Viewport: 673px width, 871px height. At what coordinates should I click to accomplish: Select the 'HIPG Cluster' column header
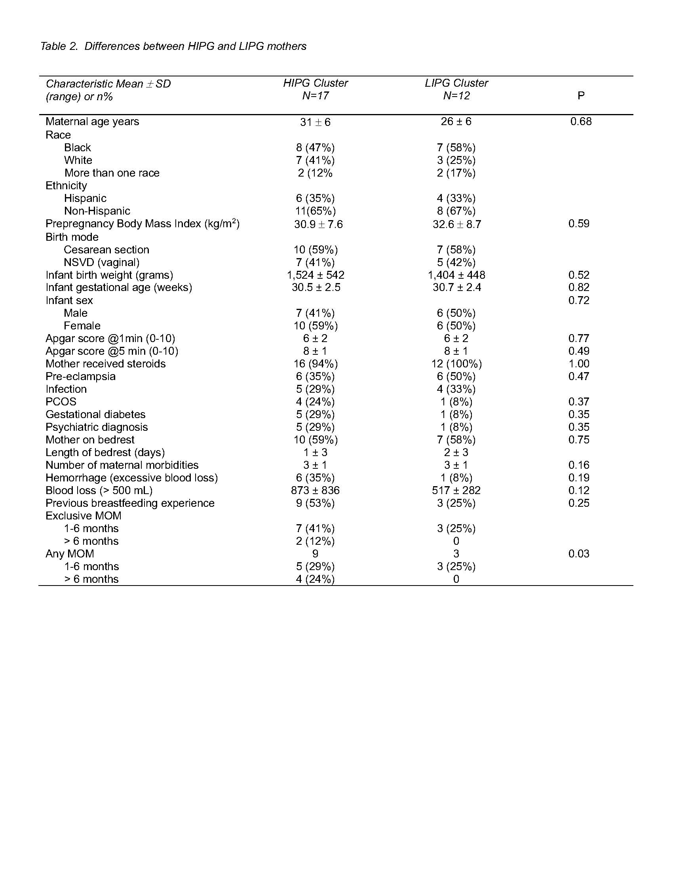tap(316, 83)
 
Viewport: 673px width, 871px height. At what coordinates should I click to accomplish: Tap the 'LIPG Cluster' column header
tap(456, 83)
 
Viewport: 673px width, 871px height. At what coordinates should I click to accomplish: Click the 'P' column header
tap(581, 96)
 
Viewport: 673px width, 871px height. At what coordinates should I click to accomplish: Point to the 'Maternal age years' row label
tap(92, 122)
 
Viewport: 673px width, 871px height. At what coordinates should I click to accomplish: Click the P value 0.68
tap(580, 122)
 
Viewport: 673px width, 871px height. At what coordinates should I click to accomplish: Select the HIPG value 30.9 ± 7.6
tap(318, 224)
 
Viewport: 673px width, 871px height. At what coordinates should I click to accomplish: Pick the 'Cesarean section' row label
tap(106, 250)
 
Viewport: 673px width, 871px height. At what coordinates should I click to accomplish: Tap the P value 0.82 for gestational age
tap(578, 287)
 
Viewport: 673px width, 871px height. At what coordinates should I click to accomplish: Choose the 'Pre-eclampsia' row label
tap(80, 377)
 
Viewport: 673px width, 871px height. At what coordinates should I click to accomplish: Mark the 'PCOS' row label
tap(61, 401)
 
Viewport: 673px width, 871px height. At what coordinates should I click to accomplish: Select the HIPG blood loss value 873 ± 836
tap(315, 491)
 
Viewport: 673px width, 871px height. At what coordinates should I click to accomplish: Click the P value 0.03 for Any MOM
tap(578, 553)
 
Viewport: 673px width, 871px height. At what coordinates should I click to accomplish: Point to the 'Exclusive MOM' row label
tap(83, 515)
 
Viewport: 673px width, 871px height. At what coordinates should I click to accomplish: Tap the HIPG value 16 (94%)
tap(316, 364)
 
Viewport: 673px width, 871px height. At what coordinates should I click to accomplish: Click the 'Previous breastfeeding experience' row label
tap(129, 503)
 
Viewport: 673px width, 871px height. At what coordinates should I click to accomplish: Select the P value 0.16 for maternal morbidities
tap(578, 465)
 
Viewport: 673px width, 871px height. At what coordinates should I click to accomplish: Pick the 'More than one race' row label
tap(112, 173)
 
